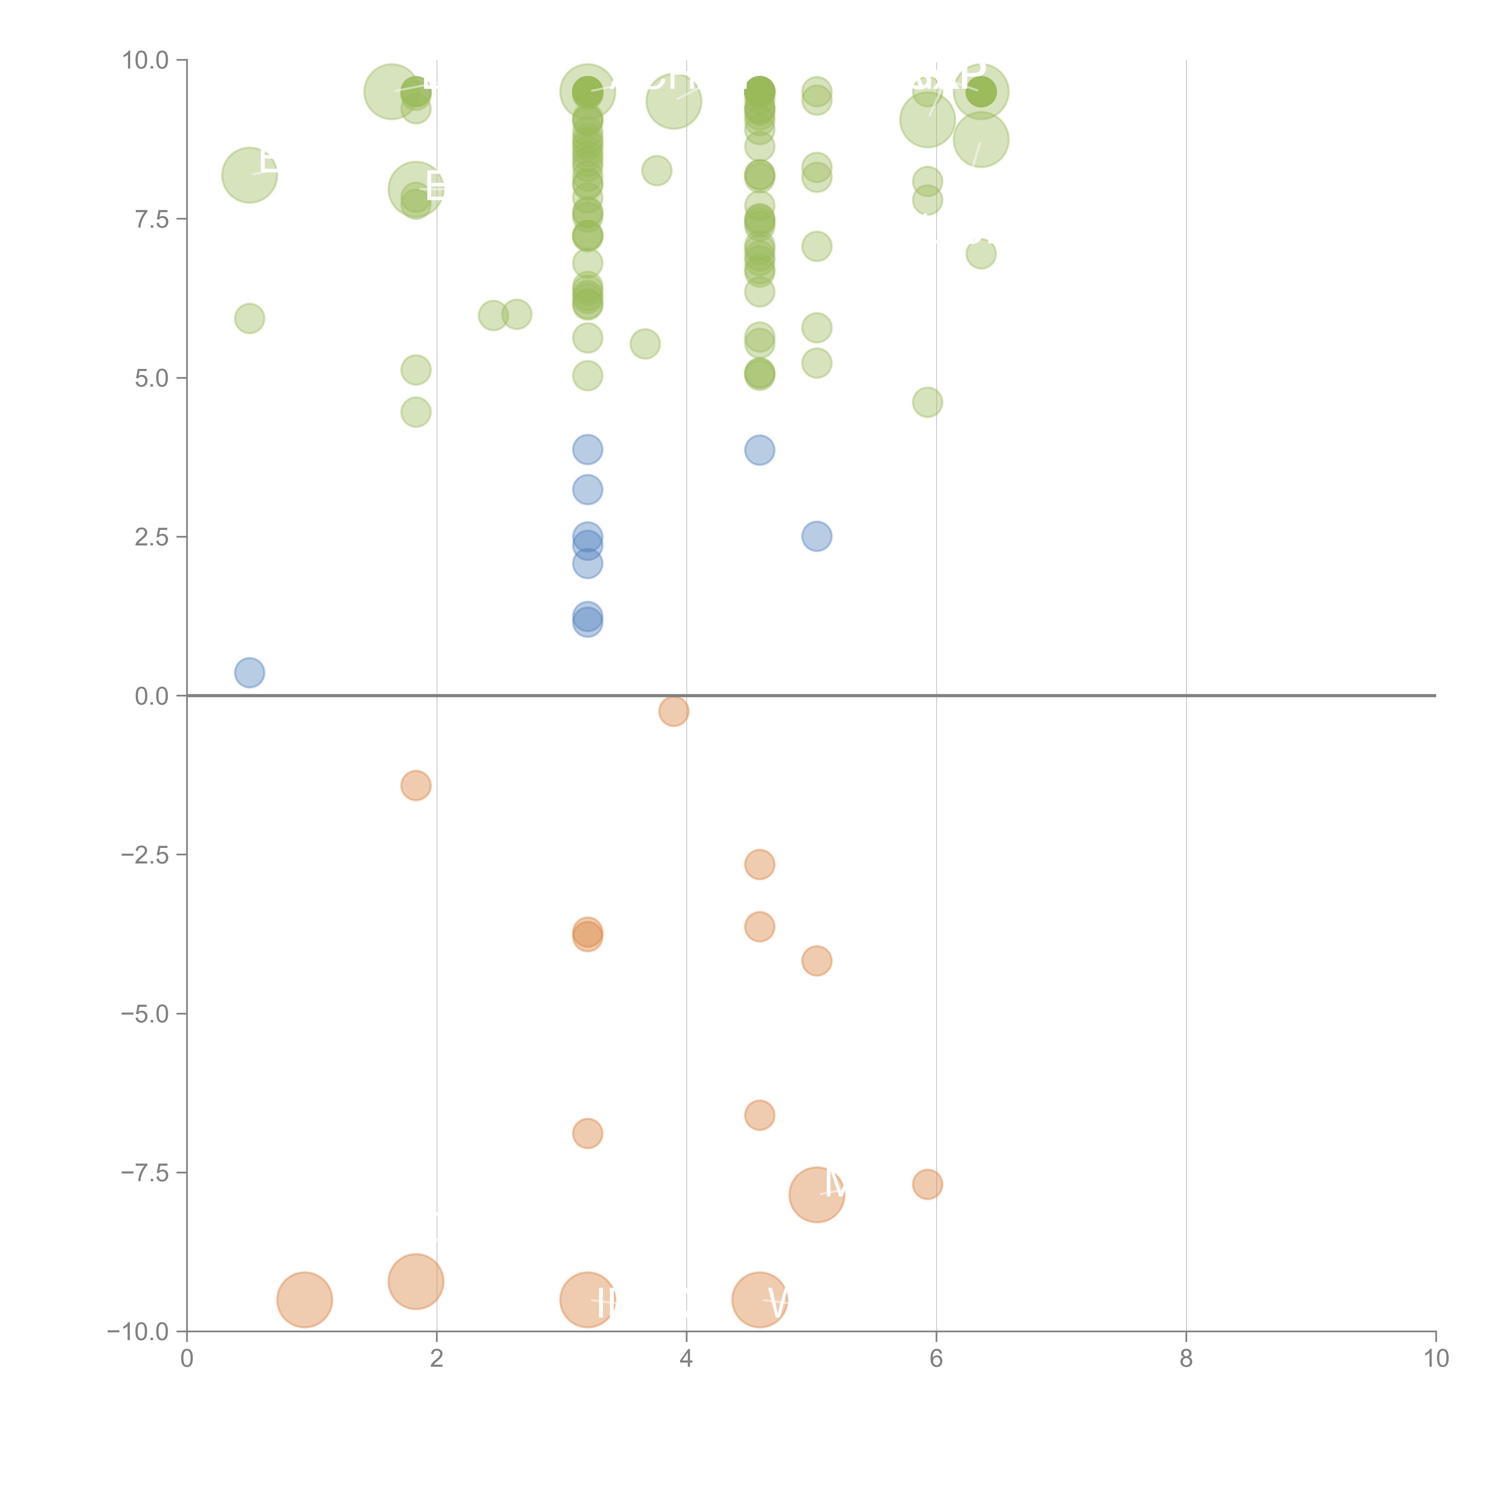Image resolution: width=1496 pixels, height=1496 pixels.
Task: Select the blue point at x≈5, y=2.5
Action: pos(816,536)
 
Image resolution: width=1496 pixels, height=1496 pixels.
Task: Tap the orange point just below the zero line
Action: pos(674,711)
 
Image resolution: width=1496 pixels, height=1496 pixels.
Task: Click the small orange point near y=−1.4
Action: pos(416,785)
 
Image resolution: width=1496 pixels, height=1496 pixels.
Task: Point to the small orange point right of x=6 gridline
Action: pos(927,1184)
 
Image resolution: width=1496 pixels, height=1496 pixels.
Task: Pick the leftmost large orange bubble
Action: pos(304,1299)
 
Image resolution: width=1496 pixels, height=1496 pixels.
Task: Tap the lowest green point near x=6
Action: pos(927,402)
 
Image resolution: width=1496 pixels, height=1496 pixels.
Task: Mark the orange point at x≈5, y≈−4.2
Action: pos(816,961)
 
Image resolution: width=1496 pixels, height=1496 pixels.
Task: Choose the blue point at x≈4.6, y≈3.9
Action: pos(759,450)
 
